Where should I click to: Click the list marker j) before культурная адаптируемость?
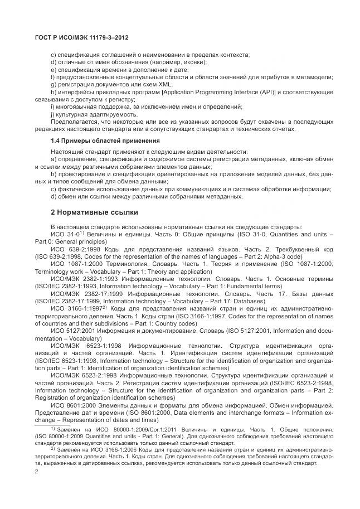click(53, 114)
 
